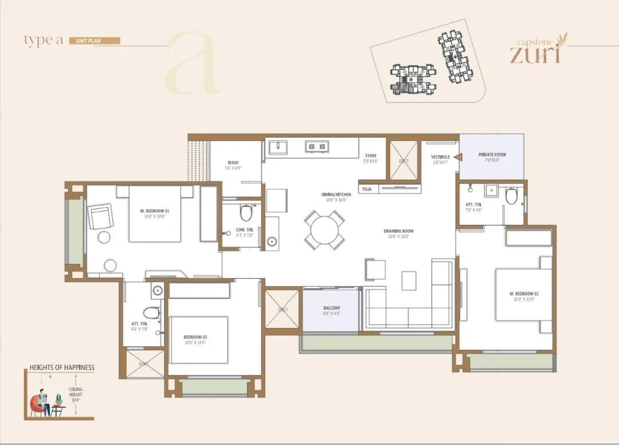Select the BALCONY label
331,308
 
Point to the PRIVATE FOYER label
492,155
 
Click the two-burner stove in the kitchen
315,146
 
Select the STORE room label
371,155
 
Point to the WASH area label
233,162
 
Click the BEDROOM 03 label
195,337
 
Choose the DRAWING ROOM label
398,232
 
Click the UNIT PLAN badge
95,41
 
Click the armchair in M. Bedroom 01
101,217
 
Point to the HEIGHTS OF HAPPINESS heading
62,368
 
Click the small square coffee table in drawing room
409,280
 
